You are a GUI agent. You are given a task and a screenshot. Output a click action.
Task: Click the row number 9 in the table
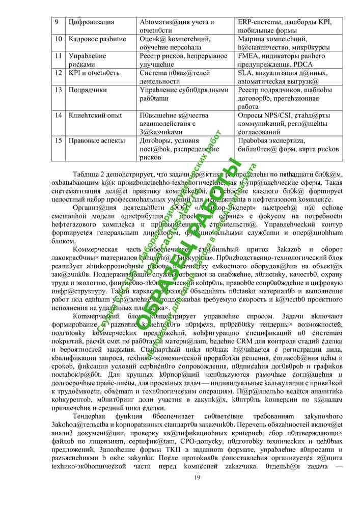[57, 22]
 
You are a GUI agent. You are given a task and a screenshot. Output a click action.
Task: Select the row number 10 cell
[58, 39]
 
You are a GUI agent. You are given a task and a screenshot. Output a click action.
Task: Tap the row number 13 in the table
[58, 90]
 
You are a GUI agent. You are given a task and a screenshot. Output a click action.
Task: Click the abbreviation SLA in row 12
[245, 73]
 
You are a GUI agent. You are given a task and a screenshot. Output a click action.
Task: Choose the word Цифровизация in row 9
[91, 22]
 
